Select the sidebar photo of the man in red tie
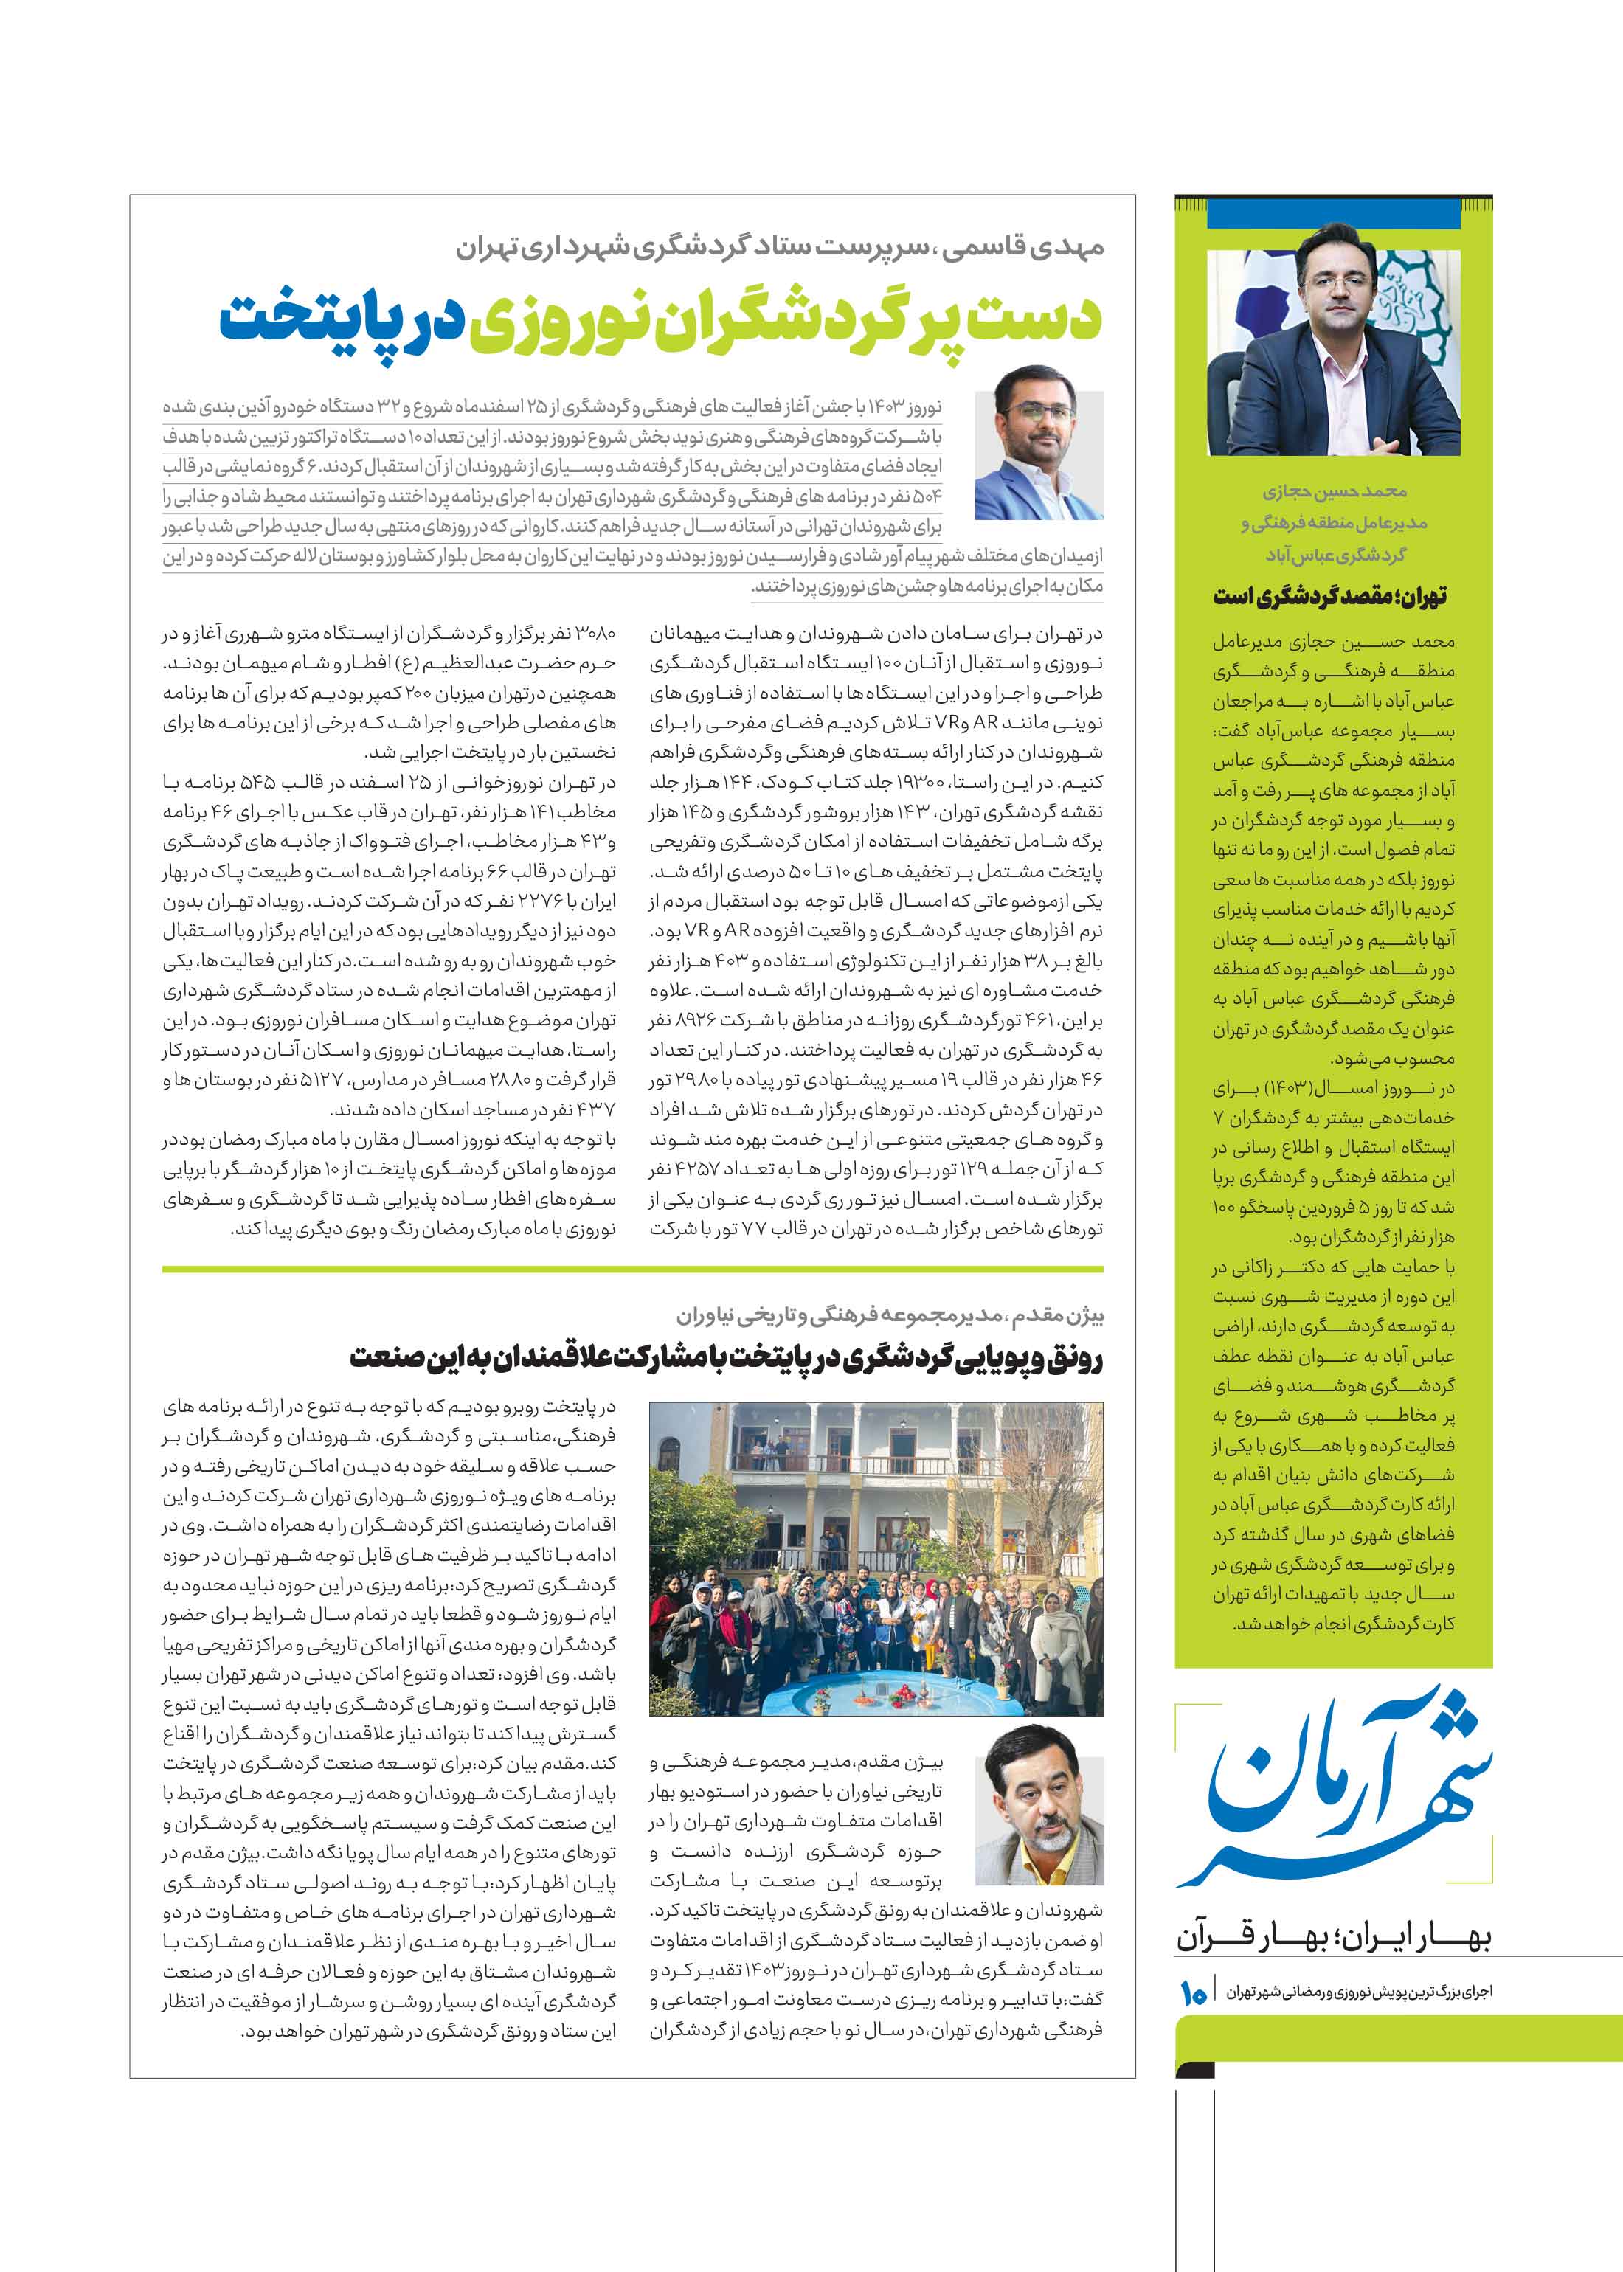coord(1333,353)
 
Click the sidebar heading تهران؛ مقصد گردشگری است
coord(1329,597)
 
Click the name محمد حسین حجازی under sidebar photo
coord(1333,491)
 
